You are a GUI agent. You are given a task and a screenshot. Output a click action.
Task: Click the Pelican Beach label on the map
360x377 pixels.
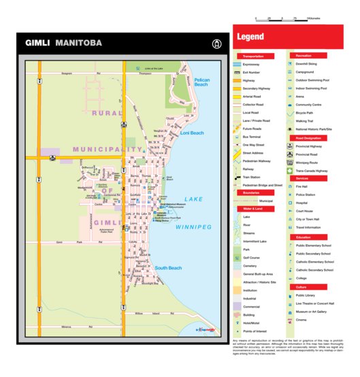[x=202, y=82]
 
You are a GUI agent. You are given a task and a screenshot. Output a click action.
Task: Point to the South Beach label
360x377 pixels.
[x=168, y=268]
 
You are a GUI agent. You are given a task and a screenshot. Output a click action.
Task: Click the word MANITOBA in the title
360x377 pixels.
[x=79, y=43]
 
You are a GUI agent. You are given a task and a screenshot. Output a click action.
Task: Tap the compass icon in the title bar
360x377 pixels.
[x=216, y=44]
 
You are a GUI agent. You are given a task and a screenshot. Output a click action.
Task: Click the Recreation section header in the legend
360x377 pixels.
[x=304, y=56]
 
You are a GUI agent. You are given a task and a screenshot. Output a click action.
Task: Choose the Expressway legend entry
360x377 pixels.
[x=252, y=64]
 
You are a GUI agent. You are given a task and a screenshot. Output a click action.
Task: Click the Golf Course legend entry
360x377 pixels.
[x=252, y=258]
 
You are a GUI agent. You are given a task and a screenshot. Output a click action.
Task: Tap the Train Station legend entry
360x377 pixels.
[x=252, y=177]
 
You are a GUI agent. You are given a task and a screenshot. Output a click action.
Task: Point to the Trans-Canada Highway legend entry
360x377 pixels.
[x=312, y=171]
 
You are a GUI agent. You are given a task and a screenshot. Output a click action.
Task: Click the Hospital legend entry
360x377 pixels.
[x=302, y=202]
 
